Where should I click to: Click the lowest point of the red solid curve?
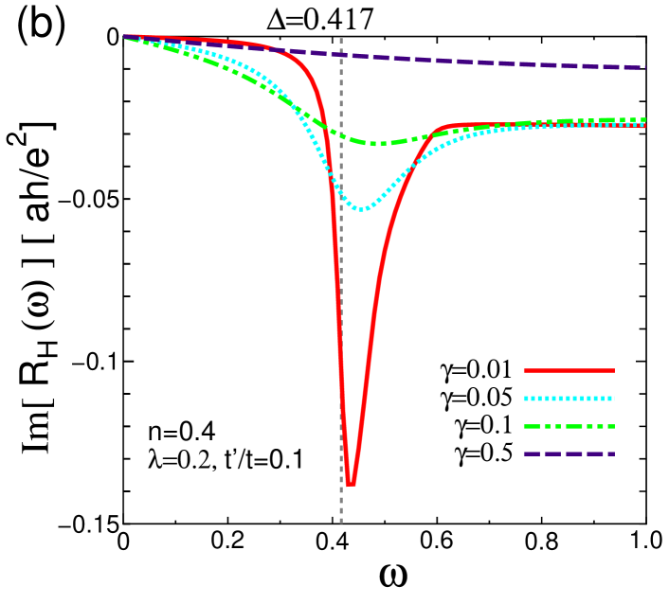351,485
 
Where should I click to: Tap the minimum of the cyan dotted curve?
362,208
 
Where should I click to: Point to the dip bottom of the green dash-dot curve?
376,143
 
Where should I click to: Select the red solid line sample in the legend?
569,370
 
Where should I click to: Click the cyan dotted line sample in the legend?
569,399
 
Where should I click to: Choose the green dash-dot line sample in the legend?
569,426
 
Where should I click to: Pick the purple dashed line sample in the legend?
569,453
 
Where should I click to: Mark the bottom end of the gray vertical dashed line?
341,522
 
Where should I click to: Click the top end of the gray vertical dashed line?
341,40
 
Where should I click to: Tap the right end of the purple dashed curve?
644,67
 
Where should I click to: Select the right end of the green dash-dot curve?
644,120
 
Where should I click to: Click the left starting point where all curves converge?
125,37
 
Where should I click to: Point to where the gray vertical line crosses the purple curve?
341,54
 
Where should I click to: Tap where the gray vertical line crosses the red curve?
341,312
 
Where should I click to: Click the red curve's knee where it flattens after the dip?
438,129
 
